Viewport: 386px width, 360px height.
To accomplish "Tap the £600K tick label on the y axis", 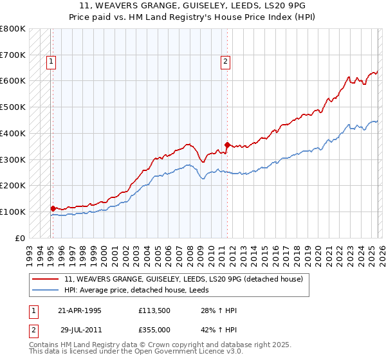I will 13,81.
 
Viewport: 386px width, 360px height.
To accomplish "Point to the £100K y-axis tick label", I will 13,212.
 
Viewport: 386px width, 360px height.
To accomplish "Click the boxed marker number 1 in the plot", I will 51,62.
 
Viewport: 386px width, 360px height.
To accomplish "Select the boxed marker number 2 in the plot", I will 226,62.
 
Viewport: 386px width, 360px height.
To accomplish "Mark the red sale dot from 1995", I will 53,208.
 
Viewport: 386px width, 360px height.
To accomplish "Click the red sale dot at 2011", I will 227,145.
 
